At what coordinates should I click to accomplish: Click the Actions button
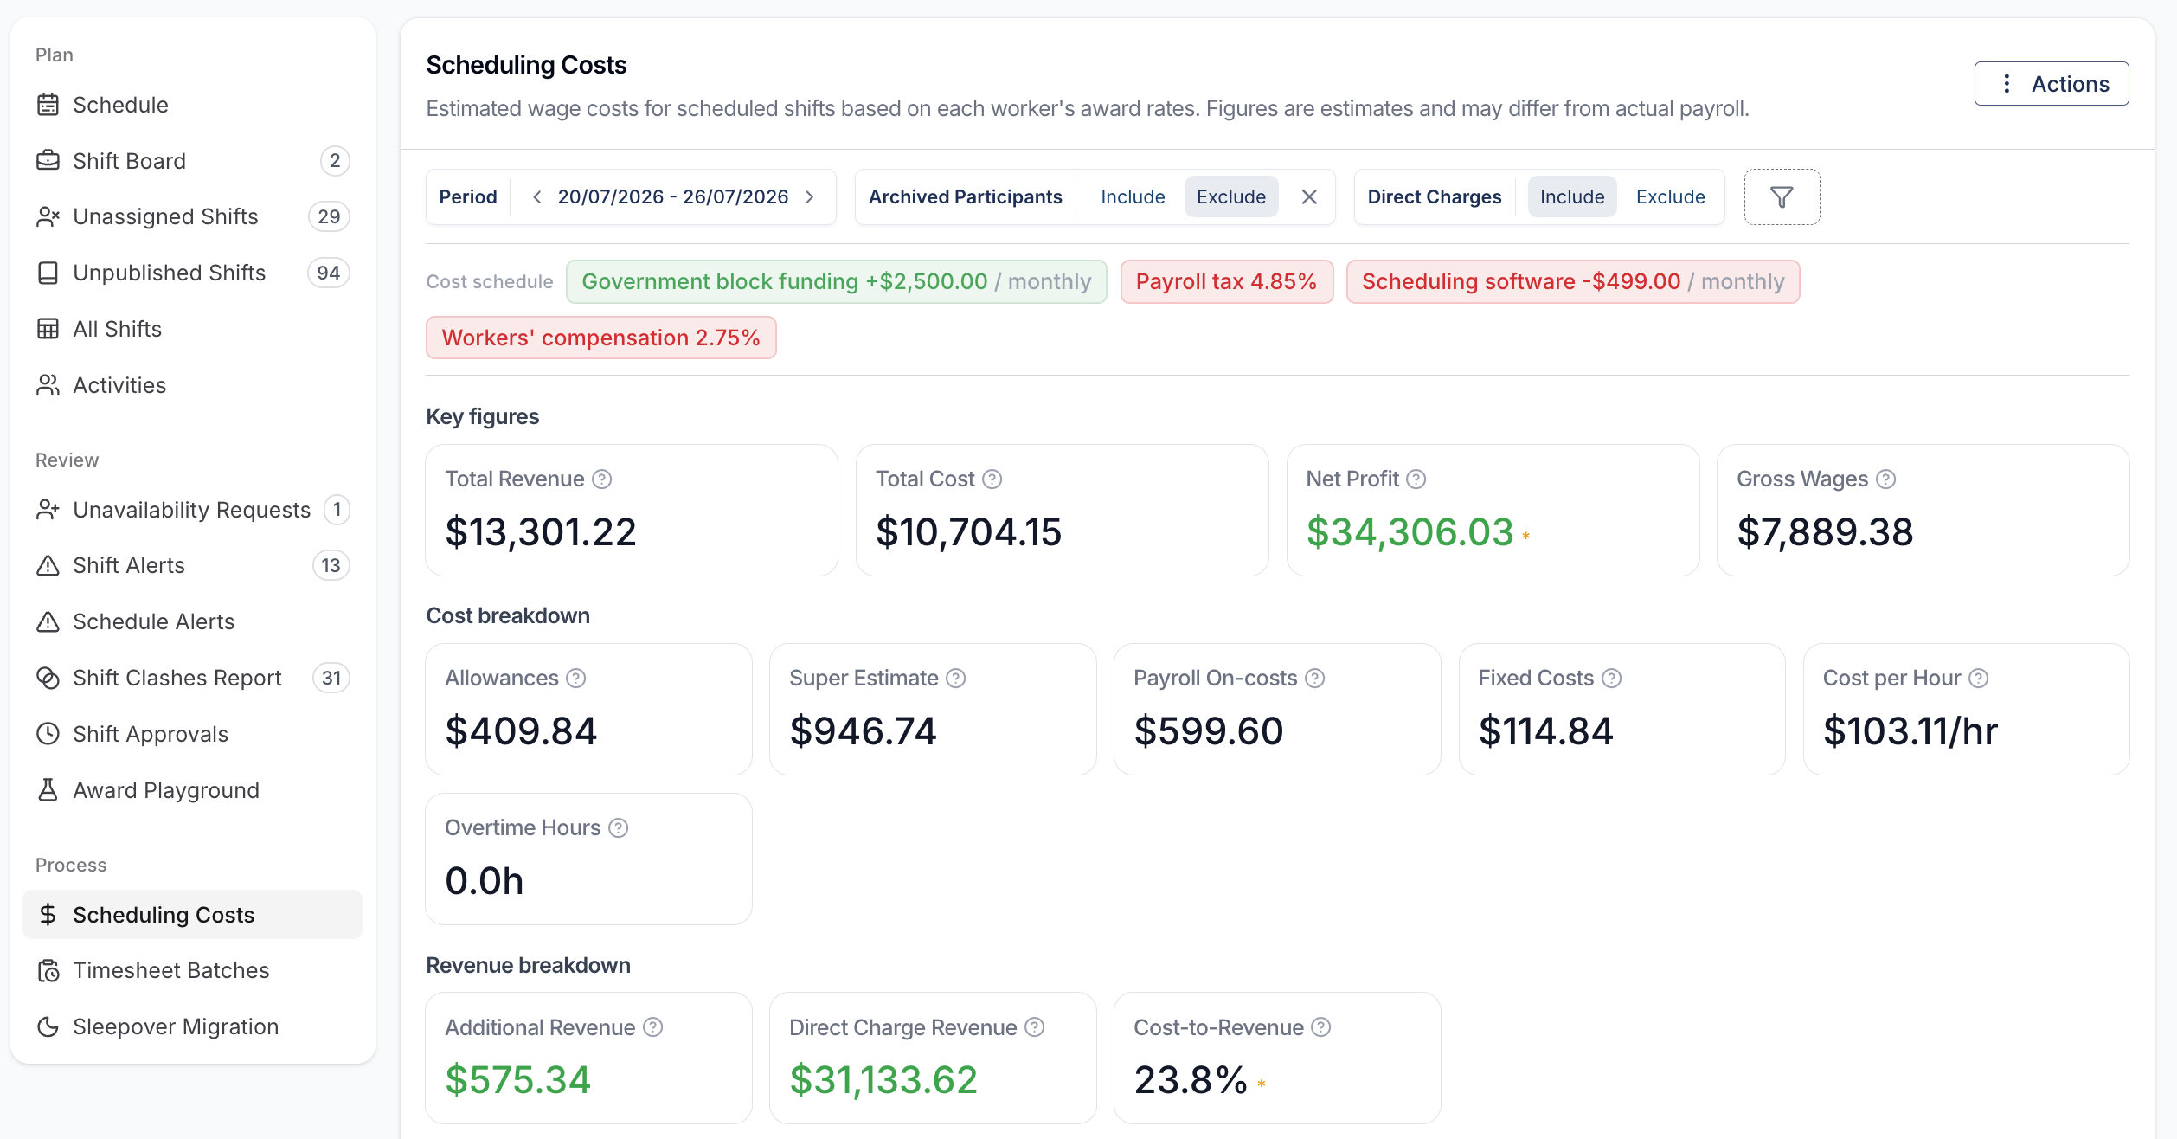(x=2051, y=84)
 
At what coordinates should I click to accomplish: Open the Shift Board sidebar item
(x=129, y=161)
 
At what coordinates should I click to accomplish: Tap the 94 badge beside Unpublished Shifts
(x=328, y=273)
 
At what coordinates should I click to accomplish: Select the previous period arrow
(x=537, y=197)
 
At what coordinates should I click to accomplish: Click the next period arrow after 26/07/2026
(x=810, y=197)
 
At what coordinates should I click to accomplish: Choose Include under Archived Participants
(x=1133, y=197)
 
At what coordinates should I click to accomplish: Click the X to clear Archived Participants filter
(x=1309, y=197)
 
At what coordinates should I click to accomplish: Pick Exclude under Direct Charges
(x=1670, y=197)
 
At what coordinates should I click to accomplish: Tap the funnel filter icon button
(x=1782, y=197)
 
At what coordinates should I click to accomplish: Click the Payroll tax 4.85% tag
(x=1226, y=282)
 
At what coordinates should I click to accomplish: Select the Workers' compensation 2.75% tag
(x=600, y=338)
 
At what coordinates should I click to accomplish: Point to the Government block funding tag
(x=836, y=282)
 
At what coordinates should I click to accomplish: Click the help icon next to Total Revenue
(x=602, y=479)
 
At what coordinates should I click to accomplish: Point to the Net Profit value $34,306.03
(x=1410, y=531)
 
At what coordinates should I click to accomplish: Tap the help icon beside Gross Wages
(x=1886, y=479)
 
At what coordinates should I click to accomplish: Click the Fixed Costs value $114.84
(x=1546, y=731)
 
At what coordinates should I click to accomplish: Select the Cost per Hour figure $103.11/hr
(x=1910, y=731)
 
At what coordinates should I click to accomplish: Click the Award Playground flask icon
(x=48, y=790)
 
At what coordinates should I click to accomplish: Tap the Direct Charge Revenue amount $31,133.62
(x=883, y=1080)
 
